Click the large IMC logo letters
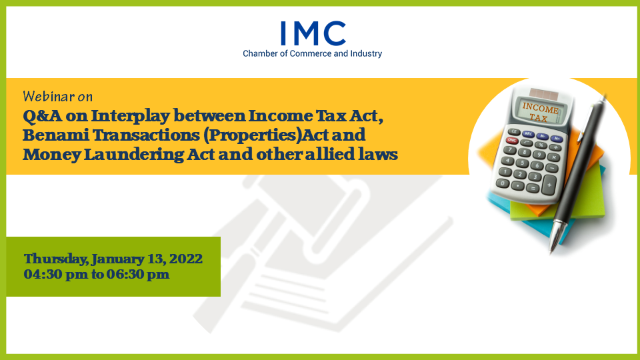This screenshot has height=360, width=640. click(313, 33)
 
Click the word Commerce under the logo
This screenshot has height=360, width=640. click(311, 53)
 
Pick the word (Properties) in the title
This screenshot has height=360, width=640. click(252, 135)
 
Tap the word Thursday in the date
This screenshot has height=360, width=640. click(56, 259)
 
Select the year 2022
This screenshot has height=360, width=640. click(186, 259)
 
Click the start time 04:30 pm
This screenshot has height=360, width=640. click(55, 274)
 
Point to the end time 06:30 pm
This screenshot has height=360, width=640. click(138, 274)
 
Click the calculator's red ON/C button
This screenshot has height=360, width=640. click(512, 141)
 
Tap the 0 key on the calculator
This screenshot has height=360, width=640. click(503, 184)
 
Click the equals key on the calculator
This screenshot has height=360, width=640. click(532, 189)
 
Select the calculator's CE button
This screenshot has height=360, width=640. click(514, 132)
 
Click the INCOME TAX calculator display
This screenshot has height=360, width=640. click(540, 112)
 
